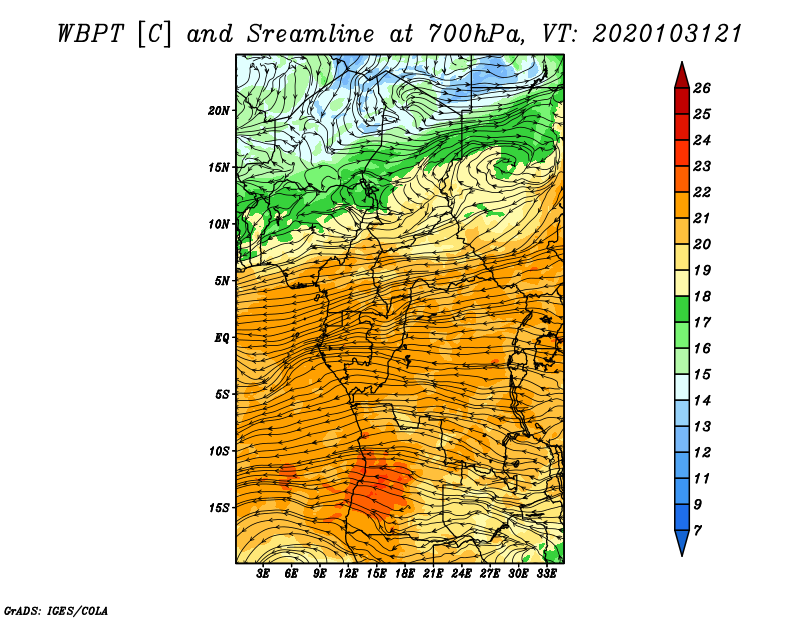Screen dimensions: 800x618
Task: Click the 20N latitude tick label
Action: tap(219, 111)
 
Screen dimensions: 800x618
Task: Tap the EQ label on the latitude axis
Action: tap(221, 337)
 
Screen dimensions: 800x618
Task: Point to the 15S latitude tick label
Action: tap(219, 508)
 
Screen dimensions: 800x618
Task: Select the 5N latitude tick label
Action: tap(222, 281)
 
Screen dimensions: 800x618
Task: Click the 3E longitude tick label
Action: tap(263, 574)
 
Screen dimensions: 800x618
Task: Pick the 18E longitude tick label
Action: tap(405, 574)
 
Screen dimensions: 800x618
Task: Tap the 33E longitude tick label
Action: tap(546, 574)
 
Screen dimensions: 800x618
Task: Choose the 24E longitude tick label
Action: tap(461, 574)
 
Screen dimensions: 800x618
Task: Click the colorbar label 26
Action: tap(702, 88)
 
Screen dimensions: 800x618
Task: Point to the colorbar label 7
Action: tap(697, 531)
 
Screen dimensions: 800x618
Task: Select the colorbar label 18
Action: tap(702, 296)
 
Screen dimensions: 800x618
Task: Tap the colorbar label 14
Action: tap(702, 401)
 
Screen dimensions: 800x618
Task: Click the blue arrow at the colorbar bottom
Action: tap(682, 540)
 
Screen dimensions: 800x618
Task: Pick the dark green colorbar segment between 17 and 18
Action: tap(682, 309)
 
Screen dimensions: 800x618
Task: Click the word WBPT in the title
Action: tap(90, 34)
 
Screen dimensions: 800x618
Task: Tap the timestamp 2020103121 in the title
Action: tap(667, 34)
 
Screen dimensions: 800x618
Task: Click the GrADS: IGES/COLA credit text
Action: tap(56, 610)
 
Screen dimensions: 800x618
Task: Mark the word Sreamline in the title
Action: tap(311, 34)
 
